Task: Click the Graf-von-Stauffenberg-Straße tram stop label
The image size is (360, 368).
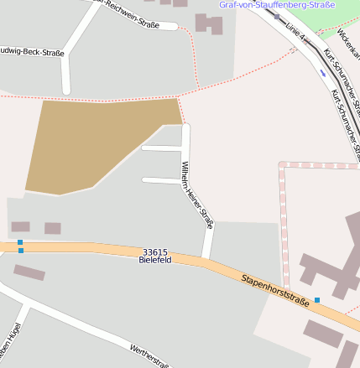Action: pyautogui.click(x=277, y=5)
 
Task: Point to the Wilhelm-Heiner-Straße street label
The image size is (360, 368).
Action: pyautogui.click(x=197, y=195)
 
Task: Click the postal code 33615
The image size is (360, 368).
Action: pyautogui.click(x=155, y=251)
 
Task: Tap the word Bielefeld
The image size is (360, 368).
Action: pyautogui.click(x=155, y=261)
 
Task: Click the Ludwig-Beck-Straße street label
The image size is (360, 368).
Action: pyautogui.click(x=32, y=51)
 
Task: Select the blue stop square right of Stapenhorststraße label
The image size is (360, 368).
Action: pyautogui.click(x=317, y=299)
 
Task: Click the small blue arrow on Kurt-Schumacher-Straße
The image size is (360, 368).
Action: pyautogui.click(x=323, y=72)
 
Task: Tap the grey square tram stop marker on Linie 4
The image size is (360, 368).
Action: pyautogui.click(x=277, y=16)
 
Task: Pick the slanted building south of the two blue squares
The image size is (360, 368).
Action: pyautogui.click(x=29, y=272)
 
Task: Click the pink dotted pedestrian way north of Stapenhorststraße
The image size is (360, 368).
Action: pyautogui.click(x=283, y=226)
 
